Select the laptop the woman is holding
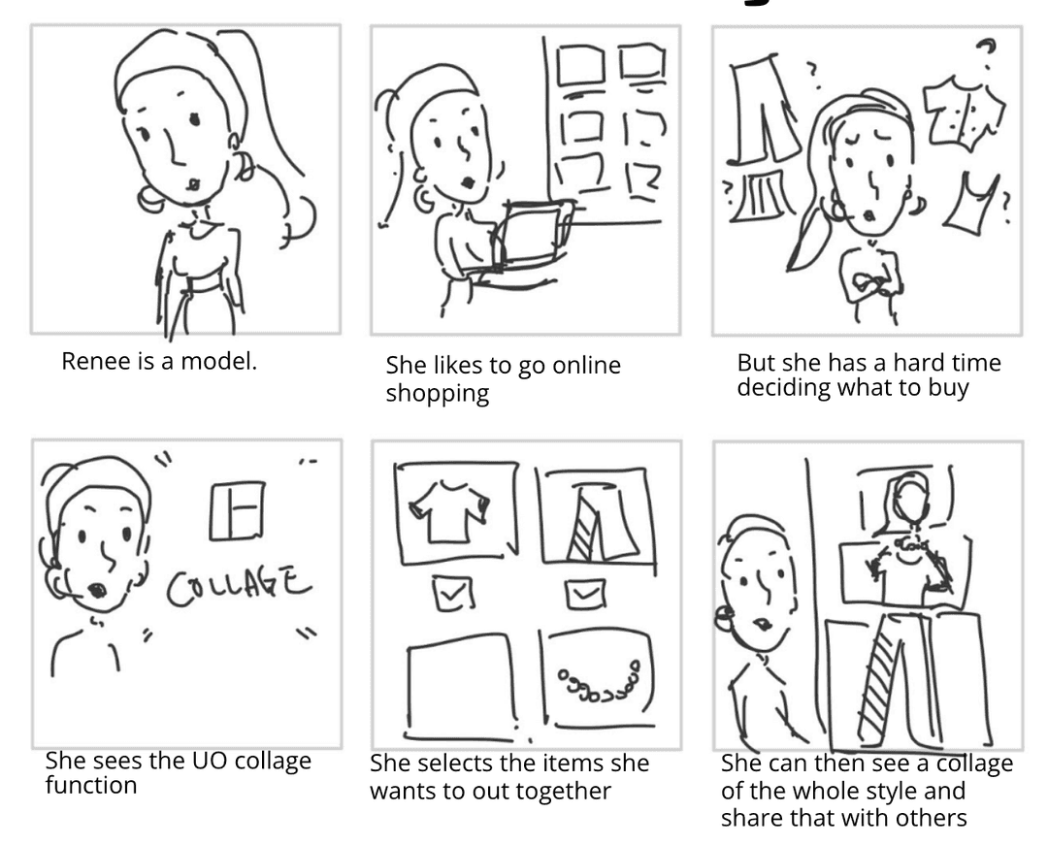[533, 235]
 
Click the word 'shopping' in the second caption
[437, 393]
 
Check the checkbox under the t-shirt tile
[453, 593]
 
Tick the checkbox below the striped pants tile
[585, 593]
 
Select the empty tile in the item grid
[461, 687]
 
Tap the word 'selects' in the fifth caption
[454, 764]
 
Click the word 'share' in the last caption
[752, 818]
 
